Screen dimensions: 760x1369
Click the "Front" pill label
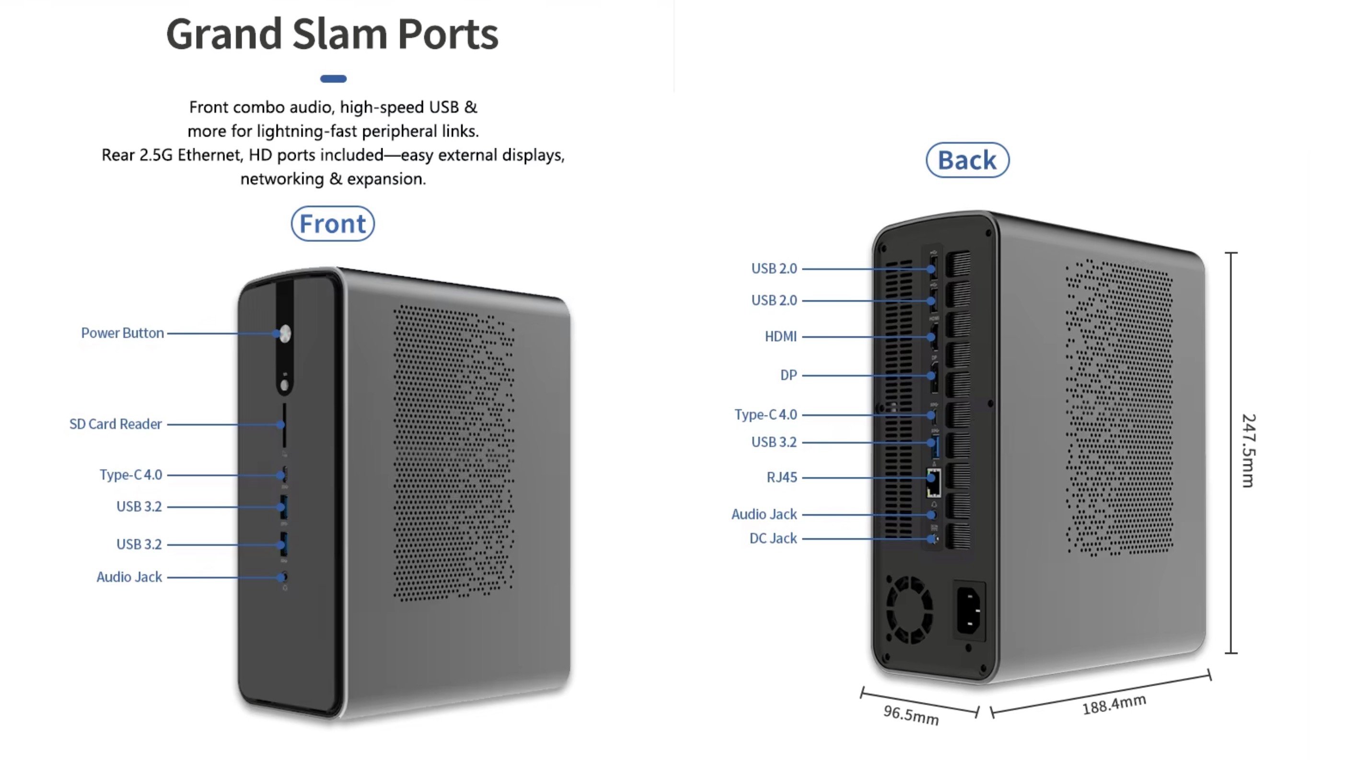click(x=333, y=224)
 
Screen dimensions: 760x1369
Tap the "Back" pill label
click(x=967, y=160)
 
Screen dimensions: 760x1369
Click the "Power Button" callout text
click(x=122, y=333)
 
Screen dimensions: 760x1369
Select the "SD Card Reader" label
click(x=116, y=424)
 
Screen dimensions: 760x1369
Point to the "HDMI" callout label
click(x=780, y=336)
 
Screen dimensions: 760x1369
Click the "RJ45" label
click(x=781, y=477)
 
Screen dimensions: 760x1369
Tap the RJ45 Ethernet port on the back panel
click(x=933, y=482)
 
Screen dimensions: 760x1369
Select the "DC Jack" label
click(x=773, y=538)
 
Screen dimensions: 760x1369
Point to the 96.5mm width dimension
click(x=911, y=715)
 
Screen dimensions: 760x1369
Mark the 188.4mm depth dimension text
click(x=1114, y=705)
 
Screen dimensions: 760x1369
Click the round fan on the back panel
click(x=909, y=609)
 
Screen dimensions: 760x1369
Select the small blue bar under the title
click(x=333, y=79)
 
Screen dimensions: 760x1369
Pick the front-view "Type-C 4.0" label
click(x=131, y=475)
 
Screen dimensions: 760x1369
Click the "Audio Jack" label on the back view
click(x=764, y=514)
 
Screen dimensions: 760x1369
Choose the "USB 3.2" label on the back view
click(x=774, y=442)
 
